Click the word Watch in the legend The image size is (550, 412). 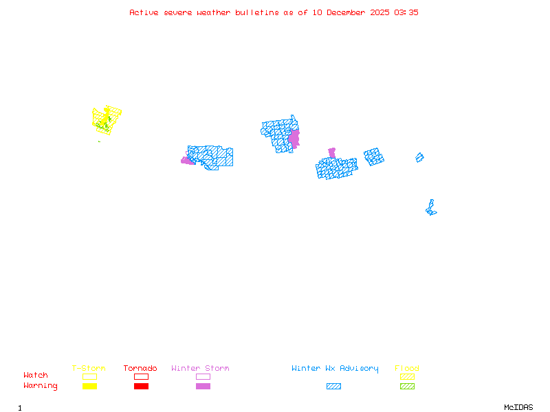pyautogui.click(x=36, y=376)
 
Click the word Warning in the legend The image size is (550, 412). pyautogui.click(x=41, y=386)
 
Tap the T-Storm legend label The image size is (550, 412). pyautogui.click(x=89, y=369)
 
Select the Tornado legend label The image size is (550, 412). pyautogui.click(x=140, y=369)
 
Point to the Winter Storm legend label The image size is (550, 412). pyautogui.click(x=200, y=369)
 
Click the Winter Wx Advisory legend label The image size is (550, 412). pyautogui.click(x=335, y=369)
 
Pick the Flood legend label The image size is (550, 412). pyautogui.click(x=407, y=369)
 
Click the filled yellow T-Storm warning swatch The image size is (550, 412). pyautogui.click(x=89, y=386)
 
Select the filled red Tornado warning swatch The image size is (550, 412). pyautogui.click(x=141, y=386)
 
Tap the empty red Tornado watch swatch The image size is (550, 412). pyautogui.click(x=141, y=376)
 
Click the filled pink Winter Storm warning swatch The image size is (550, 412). pyautogui.click(x=203, y=386)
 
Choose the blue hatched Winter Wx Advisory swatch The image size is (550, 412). pyautogui.click(x=333, y=386)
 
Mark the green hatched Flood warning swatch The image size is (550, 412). pyautogui.click(x=407, y=386)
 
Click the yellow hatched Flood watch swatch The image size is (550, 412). pyautogui.click(x=407, y=376)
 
